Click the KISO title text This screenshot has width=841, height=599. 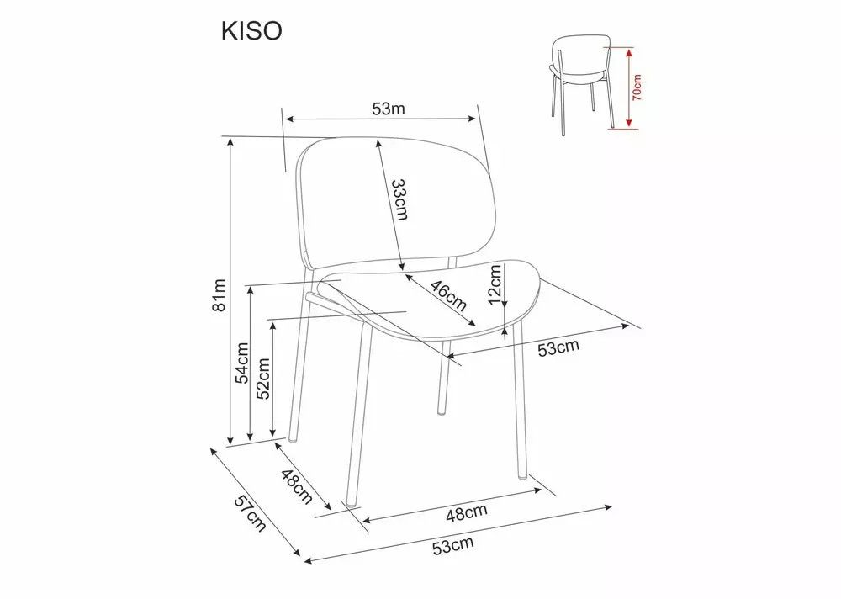[x=251, y=31]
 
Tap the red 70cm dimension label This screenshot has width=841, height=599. [x=637, y=87]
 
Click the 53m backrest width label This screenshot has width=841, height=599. [x=389, y=109]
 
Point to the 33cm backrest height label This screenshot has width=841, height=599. [x=399, y=199]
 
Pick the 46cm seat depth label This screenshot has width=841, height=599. [x=448, y=296]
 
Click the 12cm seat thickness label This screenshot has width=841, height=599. [x=496, y=284]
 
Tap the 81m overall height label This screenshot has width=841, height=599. [x=220, y=296]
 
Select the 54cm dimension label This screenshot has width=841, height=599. [x=242, y=363]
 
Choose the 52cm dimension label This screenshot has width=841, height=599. [x=262, y=379]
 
